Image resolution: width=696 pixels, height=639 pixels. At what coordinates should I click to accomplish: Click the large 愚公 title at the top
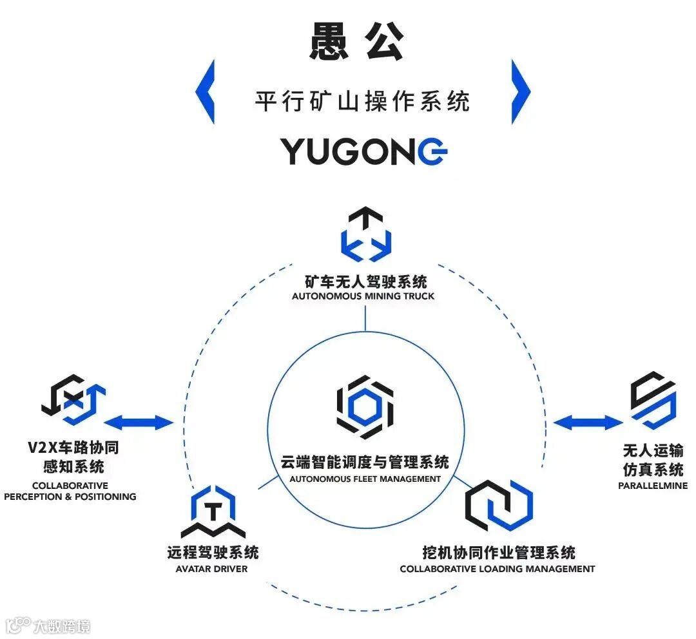pos(357,43)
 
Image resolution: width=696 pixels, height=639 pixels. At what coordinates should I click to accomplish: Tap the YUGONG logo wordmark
pos(363,151)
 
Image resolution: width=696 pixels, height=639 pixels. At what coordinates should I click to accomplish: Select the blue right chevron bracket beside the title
pos(521,91)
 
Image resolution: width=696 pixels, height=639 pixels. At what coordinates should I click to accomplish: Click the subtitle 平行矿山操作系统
pos(362,101)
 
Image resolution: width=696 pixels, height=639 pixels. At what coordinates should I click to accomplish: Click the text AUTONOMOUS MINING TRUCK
pos(363,296)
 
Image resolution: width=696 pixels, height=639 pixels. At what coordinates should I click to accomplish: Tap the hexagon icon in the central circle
pos(365,407)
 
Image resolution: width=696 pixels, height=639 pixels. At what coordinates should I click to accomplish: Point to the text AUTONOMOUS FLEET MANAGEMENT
pos(365,479)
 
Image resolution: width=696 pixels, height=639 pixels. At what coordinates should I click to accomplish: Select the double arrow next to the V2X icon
pos(139,423)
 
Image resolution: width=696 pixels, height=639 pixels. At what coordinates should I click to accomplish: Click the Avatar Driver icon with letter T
pos(212,513)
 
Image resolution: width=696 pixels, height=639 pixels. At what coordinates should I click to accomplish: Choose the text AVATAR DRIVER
pos(211,569)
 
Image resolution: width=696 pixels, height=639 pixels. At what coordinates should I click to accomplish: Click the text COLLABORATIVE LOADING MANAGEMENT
pos(497,569)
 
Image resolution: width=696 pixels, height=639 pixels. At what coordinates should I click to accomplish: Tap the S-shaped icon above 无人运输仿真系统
pos(653,400)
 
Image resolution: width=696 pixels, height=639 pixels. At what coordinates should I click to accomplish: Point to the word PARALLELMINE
pos(652,486)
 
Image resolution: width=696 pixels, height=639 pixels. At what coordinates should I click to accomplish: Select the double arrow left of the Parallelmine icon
pos(588,423)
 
